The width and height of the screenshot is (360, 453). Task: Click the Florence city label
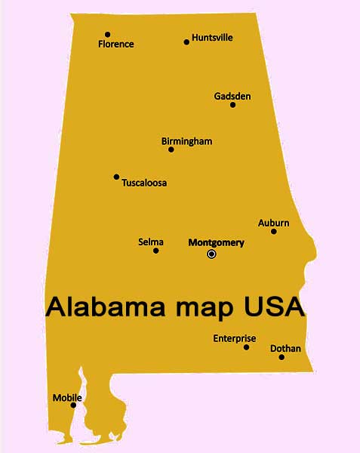[115, 45]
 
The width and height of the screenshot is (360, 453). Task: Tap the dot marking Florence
[107, 34]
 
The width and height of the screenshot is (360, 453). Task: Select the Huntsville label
[212, 37]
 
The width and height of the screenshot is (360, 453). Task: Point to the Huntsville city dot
[186, 42]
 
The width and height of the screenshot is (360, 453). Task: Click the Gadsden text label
[232, 96]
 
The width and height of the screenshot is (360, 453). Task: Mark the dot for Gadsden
[232, 104]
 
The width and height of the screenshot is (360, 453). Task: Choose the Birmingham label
[186, 141]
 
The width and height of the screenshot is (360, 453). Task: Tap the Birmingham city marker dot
[171, 149]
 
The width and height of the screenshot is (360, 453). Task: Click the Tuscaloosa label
[144, 183]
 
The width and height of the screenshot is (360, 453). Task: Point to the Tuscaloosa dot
[116, 177]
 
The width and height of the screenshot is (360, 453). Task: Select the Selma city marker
[155, 251]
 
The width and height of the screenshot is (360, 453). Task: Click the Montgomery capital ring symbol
[211, 254]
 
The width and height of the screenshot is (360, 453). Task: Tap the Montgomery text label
[216, 242]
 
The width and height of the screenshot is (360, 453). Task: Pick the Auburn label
[273, 223]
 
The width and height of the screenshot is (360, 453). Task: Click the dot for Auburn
[273, 231]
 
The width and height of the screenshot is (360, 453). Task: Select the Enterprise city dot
[246, 347]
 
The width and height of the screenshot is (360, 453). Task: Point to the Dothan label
[285, 348]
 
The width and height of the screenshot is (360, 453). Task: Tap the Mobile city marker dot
[73, 405]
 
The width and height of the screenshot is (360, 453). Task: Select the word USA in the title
[273, 307]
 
